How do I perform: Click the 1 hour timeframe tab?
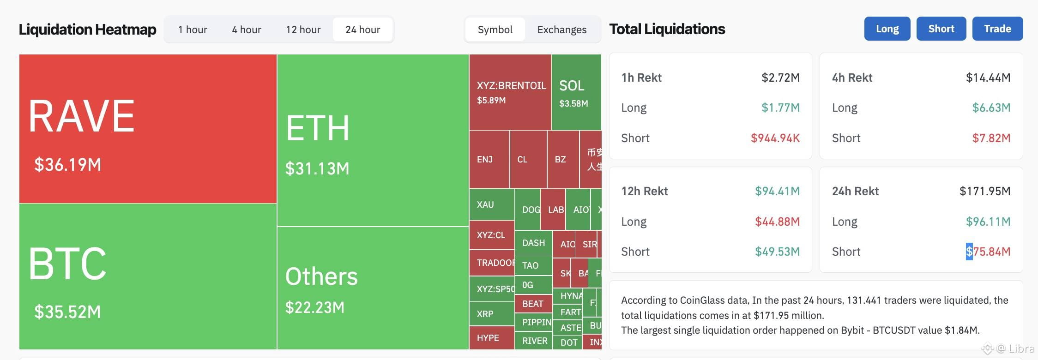tap(193, 30)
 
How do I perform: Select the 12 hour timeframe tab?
tap(303, 30)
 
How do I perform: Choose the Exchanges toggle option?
tap(561, 30)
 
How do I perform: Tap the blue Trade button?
tap(997, 29)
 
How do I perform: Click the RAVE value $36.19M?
tap(68, 165)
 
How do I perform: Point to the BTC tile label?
tap(67, 263)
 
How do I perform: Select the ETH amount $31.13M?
tap(317, 169)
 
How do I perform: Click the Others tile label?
tap(321, 276)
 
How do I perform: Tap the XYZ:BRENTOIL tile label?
tap(511, 85)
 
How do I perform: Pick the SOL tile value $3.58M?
tap(573, 103)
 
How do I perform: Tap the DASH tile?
tap(533, 243)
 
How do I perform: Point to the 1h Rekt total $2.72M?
tap(780, 78)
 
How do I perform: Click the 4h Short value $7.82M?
tap(991, 138)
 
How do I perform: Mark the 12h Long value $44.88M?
tap(777, 222)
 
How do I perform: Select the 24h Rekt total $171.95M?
tap(984, 191)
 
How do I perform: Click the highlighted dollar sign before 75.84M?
tap(969, 252)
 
